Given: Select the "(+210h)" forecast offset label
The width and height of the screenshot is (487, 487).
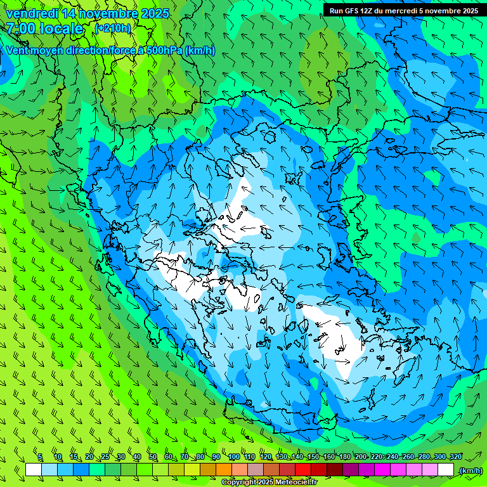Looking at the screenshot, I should (x=113, y=29).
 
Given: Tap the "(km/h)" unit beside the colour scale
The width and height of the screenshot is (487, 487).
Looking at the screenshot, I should (x=470, y=470).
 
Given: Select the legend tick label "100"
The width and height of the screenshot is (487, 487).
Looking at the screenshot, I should (x=234, y=457).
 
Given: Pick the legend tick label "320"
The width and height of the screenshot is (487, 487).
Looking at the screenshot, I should (x=456, y=457).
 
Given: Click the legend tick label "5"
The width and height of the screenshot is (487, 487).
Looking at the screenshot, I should (x=40, y=457).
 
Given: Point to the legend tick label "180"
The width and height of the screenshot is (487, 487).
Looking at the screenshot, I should (x=345, y=457).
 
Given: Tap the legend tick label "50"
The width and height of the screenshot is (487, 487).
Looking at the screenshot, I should (x=153, y=457).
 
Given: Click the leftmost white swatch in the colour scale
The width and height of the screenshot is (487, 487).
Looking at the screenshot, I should (x=34, y=470).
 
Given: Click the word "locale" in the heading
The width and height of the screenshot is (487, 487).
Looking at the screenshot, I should (x=62, y=29).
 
